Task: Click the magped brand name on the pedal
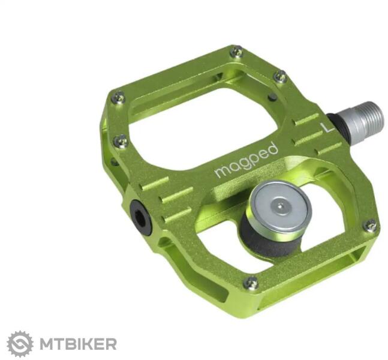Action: pos(246,160)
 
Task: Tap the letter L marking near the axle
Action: pos(327,127)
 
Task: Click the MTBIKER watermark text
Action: pos(78,344)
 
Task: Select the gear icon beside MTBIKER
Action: pos(20,344)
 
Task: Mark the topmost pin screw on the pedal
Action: pos(236,52)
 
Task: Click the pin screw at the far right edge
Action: pos(371,226)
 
